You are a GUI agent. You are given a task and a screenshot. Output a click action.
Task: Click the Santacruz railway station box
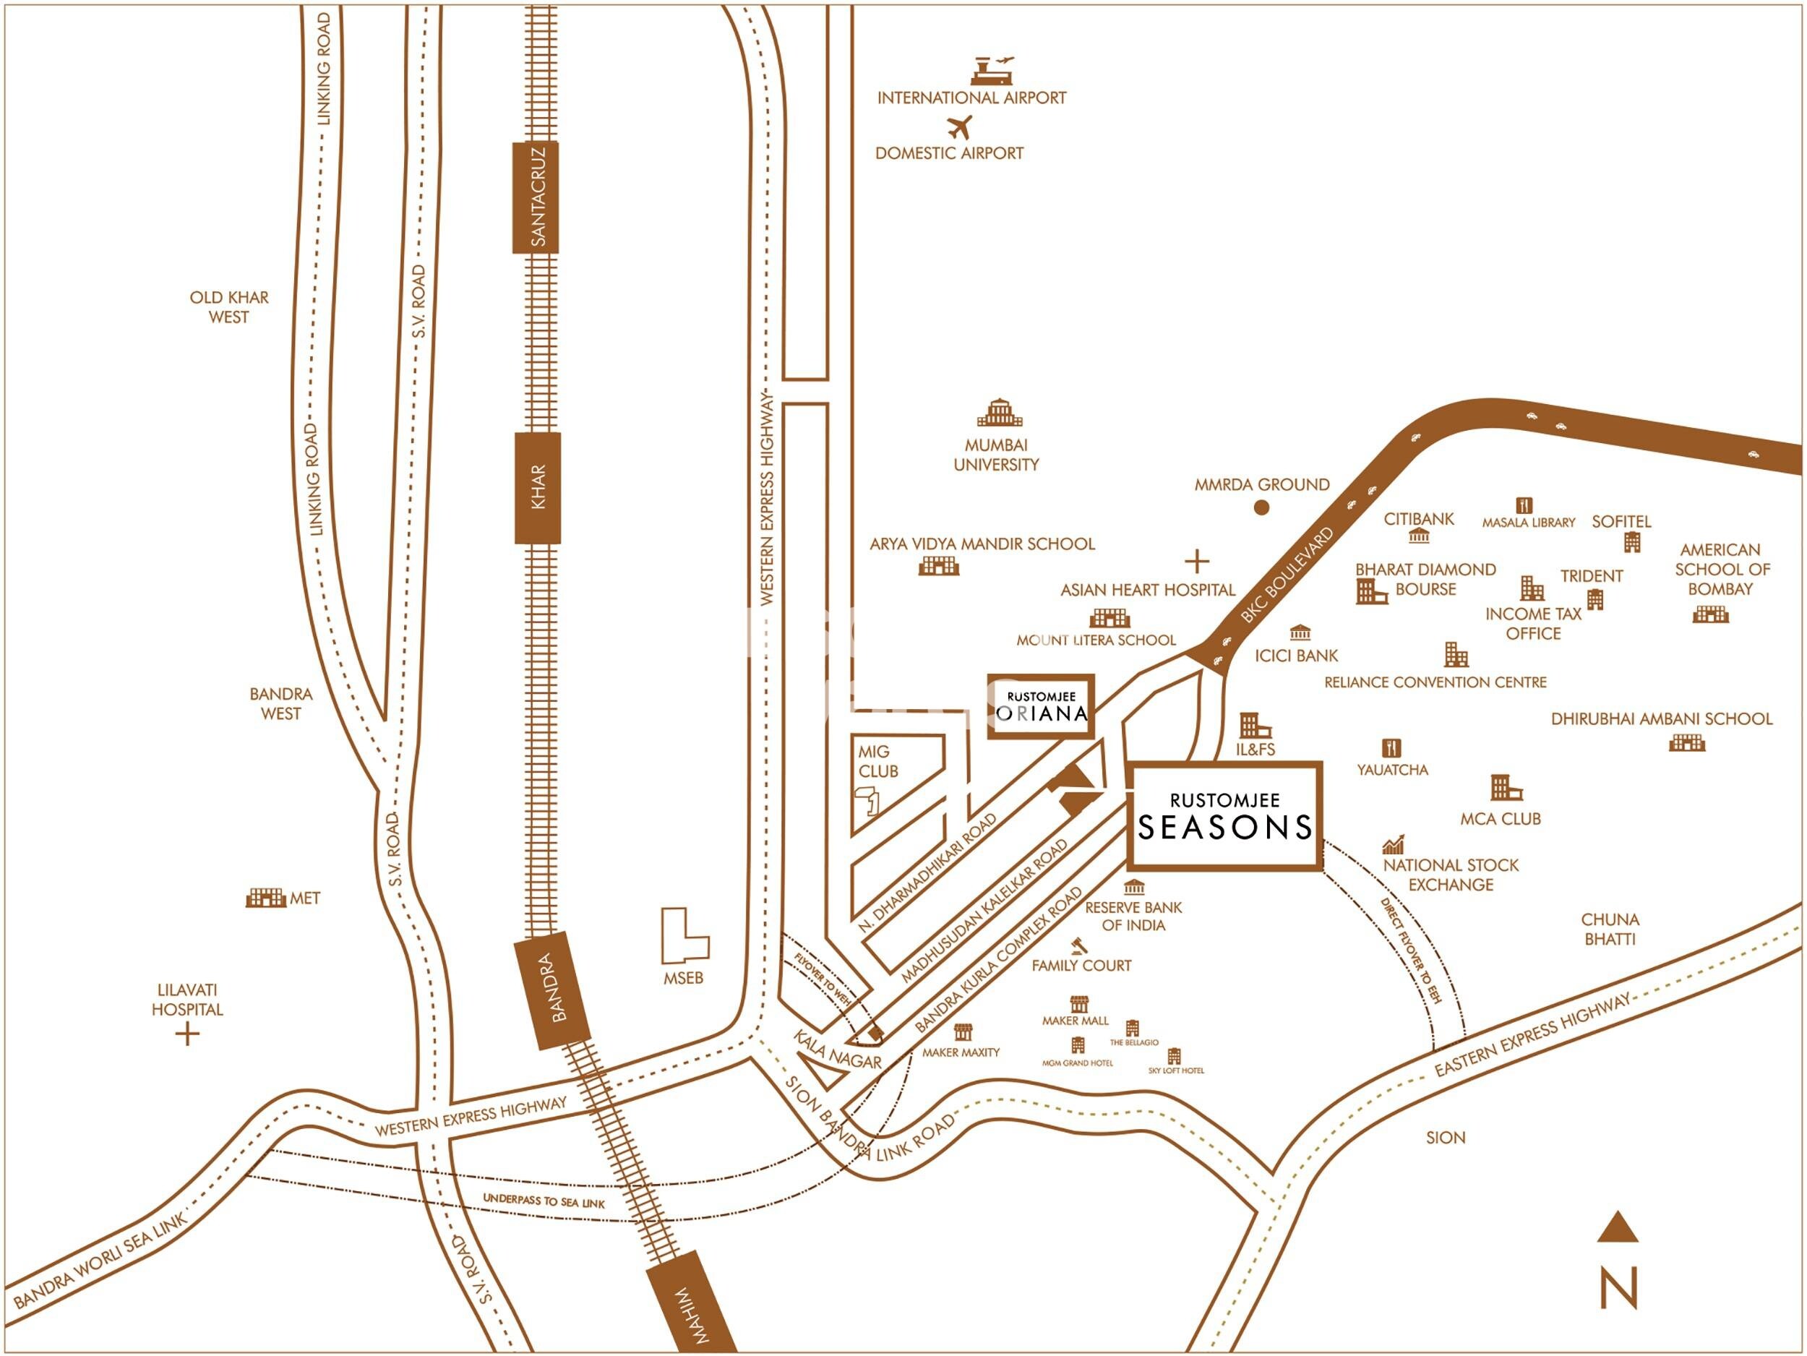(x=535, y=197)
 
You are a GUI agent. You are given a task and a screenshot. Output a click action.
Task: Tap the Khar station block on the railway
(x=537, y=488)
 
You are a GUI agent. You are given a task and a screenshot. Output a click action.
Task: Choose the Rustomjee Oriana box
(x=1040, y=707)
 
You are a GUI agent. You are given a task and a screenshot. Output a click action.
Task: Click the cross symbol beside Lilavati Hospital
(x=188, y=1035)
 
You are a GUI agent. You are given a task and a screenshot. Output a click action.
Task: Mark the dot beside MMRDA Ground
(x=1261, y=508)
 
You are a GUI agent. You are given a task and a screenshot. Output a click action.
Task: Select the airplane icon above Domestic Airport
(x=961, y=127)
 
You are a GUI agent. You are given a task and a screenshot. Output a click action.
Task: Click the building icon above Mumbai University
(x=999, y=414)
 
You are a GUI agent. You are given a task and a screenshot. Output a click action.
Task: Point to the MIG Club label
(x=877, y=761)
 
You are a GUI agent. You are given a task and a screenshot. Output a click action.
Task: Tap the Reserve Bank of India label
(x=1133, y=916)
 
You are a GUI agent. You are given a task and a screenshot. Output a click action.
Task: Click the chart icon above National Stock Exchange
(x=1393, y=845)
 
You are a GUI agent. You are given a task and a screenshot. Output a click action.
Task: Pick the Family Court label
(x=1081, y=966)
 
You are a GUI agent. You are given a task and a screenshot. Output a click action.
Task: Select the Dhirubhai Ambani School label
(x=1662, y=719)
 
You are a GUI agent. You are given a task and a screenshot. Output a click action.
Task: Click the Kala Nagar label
(x=837, y=1049)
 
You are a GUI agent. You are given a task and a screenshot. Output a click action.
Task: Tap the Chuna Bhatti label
(x=1609, y=929)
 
